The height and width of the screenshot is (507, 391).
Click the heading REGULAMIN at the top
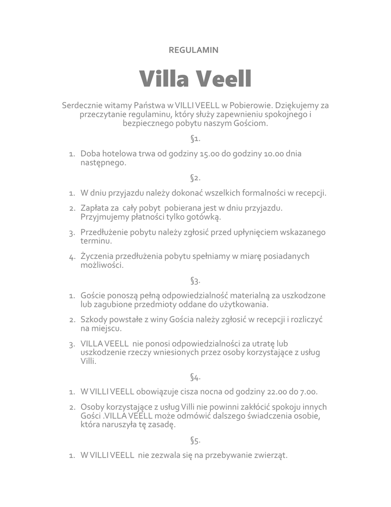(x=194, y=50)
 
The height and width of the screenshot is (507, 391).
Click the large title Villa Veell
(x=195, y=78)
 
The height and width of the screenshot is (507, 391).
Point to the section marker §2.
(x=195, y=177)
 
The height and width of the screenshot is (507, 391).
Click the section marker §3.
(x=195, y=281)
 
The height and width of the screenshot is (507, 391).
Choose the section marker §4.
(x=195, y=377)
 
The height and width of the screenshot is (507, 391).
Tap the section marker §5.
(x=195, y=440)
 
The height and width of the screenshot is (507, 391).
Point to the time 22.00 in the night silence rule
(x=276, y=392)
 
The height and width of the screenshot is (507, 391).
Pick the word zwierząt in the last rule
(x=271, y=455)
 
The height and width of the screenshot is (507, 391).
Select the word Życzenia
(x=97, y=256)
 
